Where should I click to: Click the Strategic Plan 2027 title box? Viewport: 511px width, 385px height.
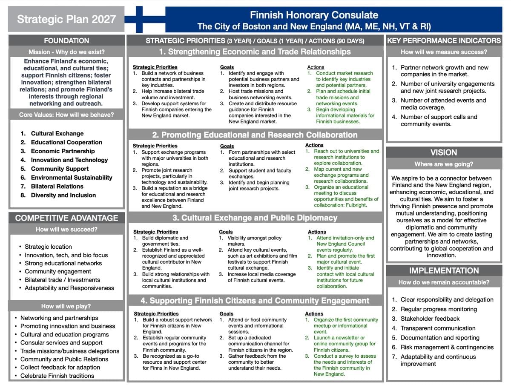pyautogui.click(x=66, y=19)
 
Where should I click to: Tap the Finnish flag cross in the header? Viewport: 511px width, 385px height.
pyautogui.click(x=139, y=19)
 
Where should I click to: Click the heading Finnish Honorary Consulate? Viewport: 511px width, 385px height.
pyautogui.click(x=314, y=15)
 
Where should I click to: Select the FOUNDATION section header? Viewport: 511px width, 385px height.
pyautogui.click(x=66, y=40)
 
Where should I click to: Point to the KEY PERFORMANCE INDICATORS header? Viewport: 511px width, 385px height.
pyautogui.click(x=444, y=40)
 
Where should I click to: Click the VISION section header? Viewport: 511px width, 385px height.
pyautogui.click(x=444, y=152)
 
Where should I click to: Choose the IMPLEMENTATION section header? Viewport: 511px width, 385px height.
pyautogui.click(x=444, y=270)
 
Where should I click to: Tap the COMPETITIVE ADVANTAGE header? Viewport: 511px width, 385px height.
pyautogui.click(x=66, y=218)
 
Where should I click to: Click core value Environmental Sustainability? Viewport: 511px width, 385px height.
pyautogui.click(x=71, y=178)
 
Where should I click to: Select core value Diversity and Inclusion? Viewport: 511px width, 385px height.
pyautogui.click(x=63, y=195)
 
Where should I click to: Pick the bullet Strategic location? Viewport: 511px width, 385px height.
pyautogui.click(x=48, y=247)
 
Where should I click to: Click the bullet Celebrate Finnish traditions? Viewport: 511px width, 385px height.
pyautogui.click(x=57, y=376)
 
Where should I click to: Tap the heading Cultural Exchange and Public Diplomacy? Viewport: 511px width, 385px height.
pyautogui.click(x=255, y=218)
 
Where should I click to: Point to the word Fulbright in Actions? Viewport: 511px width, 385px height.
pyautogui.click(x=355, y=205)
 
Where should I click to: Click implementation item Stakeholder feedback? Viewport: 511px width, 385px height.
pyautogui.click(x=430, y=319)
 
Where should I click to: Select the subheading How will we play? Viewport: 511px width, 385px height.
pyautogui.click(x=66, y=306)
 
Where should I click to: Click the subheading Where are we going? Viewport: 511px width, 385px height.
pyautogui.click(x=444, y=164)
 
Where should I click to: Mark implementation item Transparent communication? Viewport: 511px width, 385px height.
pyautogui.click(x=438, y=328)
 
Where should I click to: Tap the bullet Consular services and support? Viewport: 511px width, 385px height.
pyautogui.click(x=61, y=342)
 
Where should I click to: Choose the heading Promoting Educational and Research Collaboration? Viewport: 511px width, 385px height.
pyautogui.click(x=255, y=135)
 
